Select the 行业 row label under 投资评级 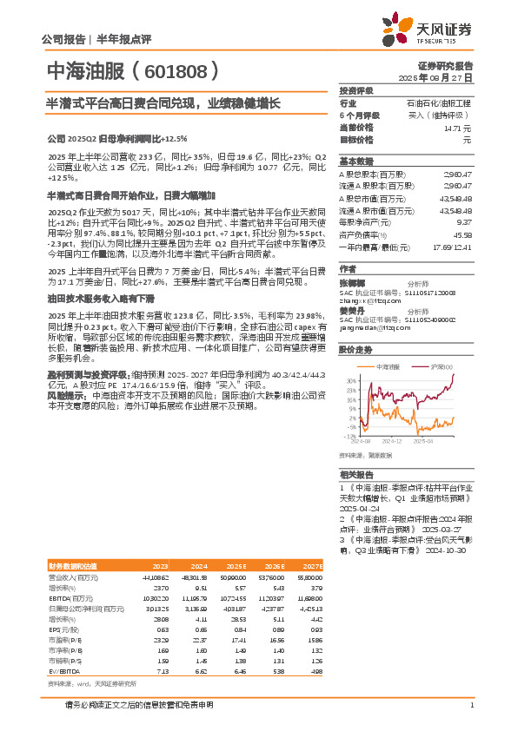(x=348, y=102)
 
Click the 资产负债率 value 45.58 (x=462, y=234)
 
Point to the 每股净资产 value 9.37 (x=466, y=222)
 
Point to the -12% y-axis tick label (x=349, y=436)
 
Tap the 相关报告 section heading (x=356, y=475)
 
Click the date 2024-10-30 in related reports (x=451, y=550)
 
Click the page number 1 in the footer (x=471, y=704)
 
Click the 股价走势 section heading (x=356, y=350)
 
